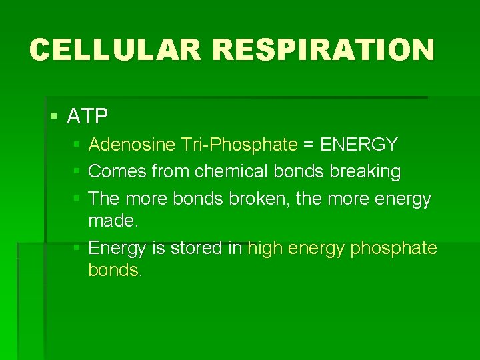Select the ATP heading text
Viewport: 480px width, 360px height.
click(x=87, y=117)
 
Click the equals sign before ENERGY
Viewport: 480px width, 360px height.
click(x=308, y=145)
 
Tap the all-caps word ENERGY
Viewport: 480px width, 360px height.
click(x=359, y=145)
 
